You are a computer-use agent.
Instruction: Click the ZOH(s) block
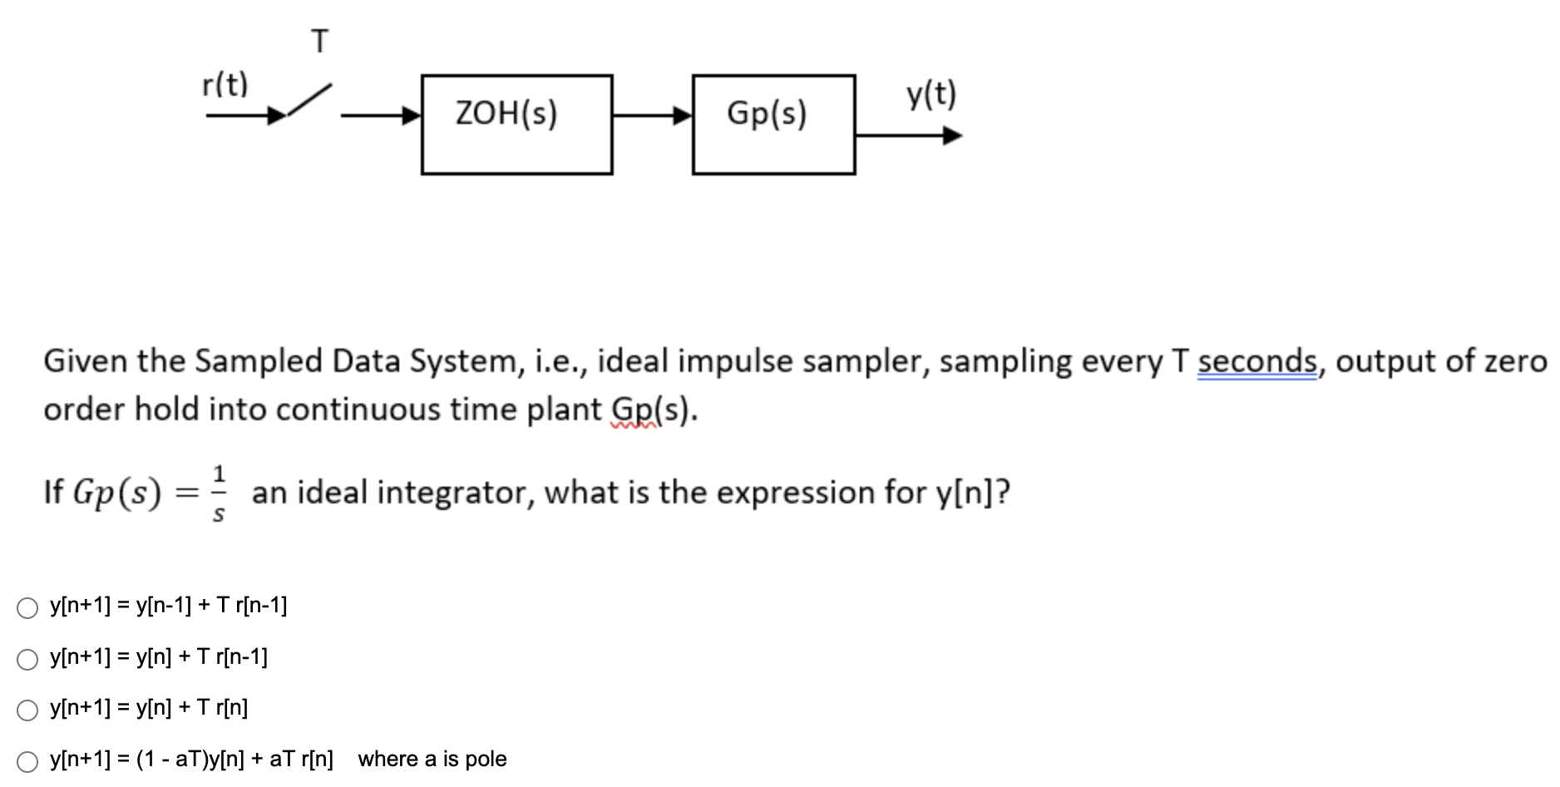pos(516,124)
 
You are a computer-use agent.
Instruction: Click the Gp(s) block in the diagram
pos(773,124)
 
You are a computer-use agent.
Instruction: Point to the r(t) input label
pos(225,84)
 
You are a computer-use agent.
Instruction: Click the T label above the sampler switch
pos(320,41)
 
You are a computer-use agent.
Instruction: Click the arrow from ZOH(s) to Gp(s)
pos(652,116)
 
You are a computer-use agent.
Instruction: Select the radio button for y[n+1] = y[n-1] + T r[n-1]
pos(27,608)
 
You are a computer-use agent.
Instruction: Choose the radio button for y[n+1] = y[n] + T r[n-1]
pos(27,660)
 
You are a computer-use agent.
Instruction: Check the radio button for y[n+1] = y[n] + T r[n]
pos(27,710)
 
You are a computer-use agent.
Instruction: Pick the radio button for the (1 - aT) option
pos(27,761)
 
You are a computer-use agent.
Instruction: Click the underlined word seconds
pos(1257,361)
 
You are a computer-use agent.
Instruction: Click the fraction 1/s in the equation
pos(219,493)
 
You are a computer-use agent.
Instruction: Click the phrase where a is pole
pos(432,759)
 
